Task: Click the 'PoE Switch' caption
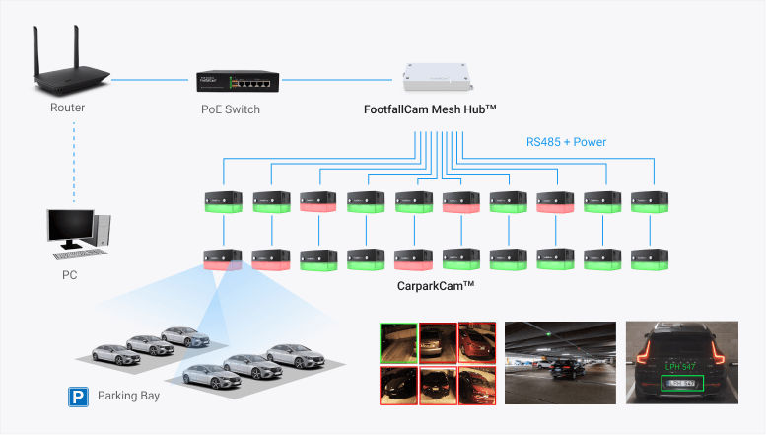tap(224, 109)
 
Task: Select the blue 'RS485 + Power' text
tap(566, 142)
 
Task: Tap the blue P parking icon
tap(76, 397)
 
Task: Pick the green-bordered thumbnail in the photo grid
tap(397, 342)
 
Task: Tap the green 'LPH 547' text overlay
tap(680, 365)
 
